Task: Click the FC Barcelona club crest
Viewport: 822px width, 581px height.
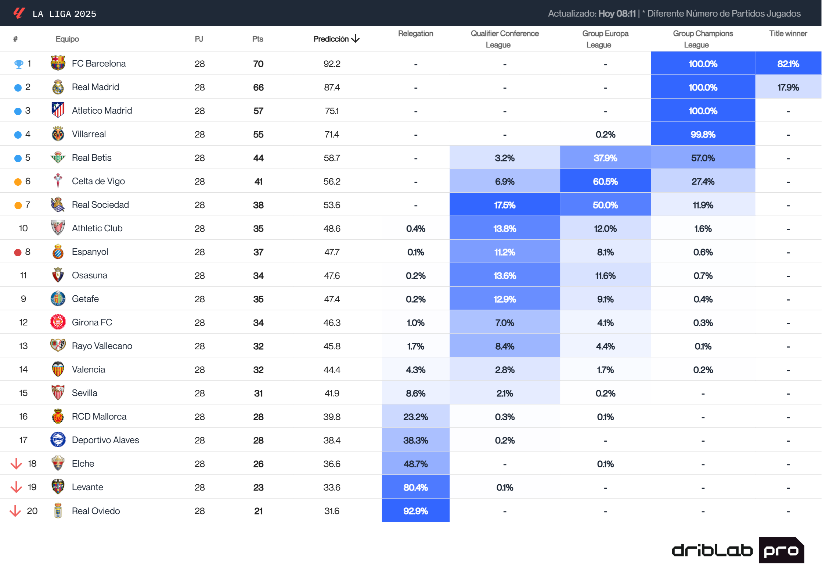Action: (58, 63)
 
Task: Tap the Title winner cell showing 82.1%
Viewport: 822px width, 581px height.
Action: (788, 64)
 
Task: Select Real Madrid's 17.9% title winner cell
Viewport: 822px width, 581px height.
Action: (788, 87)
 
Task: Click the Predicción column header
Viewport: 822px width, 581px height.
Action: (331, 39)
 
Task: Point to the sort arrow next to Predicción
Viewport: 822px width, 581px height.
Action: (355, 39)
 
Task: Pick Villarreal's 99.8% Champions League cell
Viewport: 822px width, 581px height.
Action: (703, 134)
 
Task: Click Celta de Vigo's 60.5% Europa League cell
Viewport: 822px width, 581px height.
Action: (605, 181)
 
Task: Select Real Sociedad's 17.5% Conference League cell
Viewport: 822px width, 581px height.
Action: (504, 205)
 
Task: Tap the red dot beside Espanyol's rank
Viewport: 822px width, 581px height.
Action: (18, 252)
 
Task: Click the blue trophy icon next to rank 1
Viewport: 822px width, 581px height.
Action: (18, 64)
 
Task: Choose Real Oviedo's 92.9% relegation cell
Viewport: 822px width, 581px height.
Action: (415, 511)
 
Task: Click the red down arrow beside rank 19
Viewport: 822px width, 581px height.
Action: (16, 487)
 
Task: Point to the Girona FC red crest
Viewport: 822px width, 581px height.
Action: (58, 322)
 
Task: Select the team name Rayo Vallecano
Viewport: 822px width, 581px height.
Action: (102, 346)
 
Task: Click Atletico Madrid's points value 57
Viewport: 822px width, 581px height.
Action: (258, 111)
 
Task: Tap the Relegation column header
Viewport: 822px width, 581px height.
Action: (415, 33)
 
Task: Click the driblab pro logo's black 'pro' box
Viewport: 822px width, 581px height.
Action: (781, 550)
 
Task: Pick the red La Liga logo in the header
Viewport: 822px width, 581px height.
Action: (19, 13)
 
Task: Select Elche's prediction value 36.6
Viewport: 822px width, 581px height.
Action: (332, 464)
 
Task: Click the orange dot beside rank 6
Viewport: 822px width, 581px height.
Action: (18, 182)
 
